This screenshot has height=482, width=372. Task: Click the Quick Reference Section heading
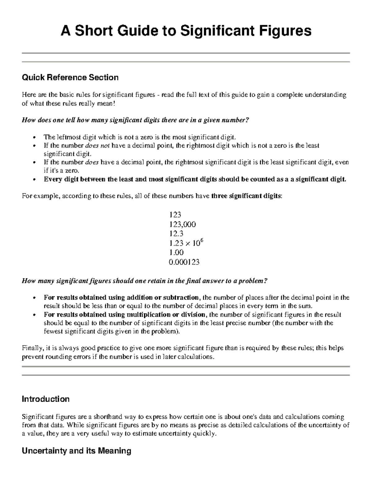70,77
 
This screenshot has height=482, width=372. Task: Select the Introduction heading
46,399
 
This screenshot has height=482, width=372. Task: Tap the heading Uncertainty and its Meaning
76,451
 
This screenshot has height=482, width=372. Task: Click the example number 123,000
182,224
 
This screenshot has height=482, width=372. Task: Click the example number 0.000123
184,262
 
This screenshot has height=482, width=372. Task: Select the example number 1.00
176,252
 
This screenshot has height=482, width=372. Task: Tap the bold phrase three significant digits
246,196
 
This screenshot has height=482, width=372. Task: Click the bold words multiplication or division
166,315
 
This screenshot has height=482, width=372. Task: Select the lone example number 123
175,215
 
